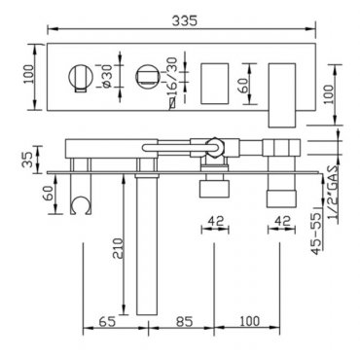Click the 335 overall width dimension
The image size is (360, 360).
[184, 20]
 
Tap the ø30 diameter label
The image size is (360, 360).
[107, 76]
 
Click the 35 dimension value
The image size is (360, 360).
[29, 159]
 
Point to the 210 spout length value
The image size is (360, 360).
[118, 248]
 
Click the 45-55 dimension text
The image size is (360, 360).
[317, 233]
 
